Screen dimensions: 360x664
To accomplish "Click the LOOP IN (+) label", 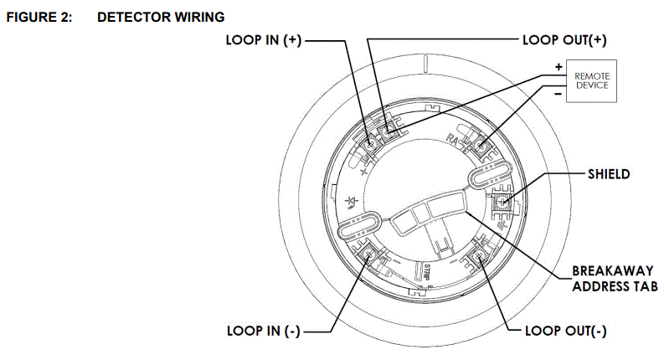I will coord(266,39).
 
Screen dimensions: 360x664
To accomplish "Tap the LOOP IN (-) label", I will coord(263,331).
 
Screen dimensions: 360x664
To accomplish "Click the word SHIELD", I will coord(607,174).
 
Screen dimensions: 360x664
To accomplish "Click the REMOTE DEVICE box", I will coord(591,81).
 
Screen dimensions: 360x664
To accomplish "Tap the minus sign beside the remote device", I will coord(557,95).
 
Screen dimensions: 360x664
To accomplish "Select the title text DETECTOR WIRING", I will coord(161,17).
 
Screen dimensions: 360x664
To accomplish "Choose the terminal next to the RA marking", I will coord(481,145).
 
